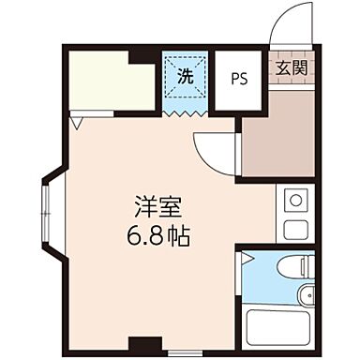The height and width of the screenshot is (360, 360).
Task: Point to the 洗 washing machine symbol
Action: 185,77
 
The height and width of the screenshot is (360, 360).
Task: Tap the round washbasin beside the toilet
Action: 306,298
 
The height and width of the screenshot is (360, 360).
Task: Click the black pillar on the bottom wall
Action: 140,343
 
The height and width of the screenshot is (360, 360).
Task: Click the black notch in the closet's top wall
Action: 142,54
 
